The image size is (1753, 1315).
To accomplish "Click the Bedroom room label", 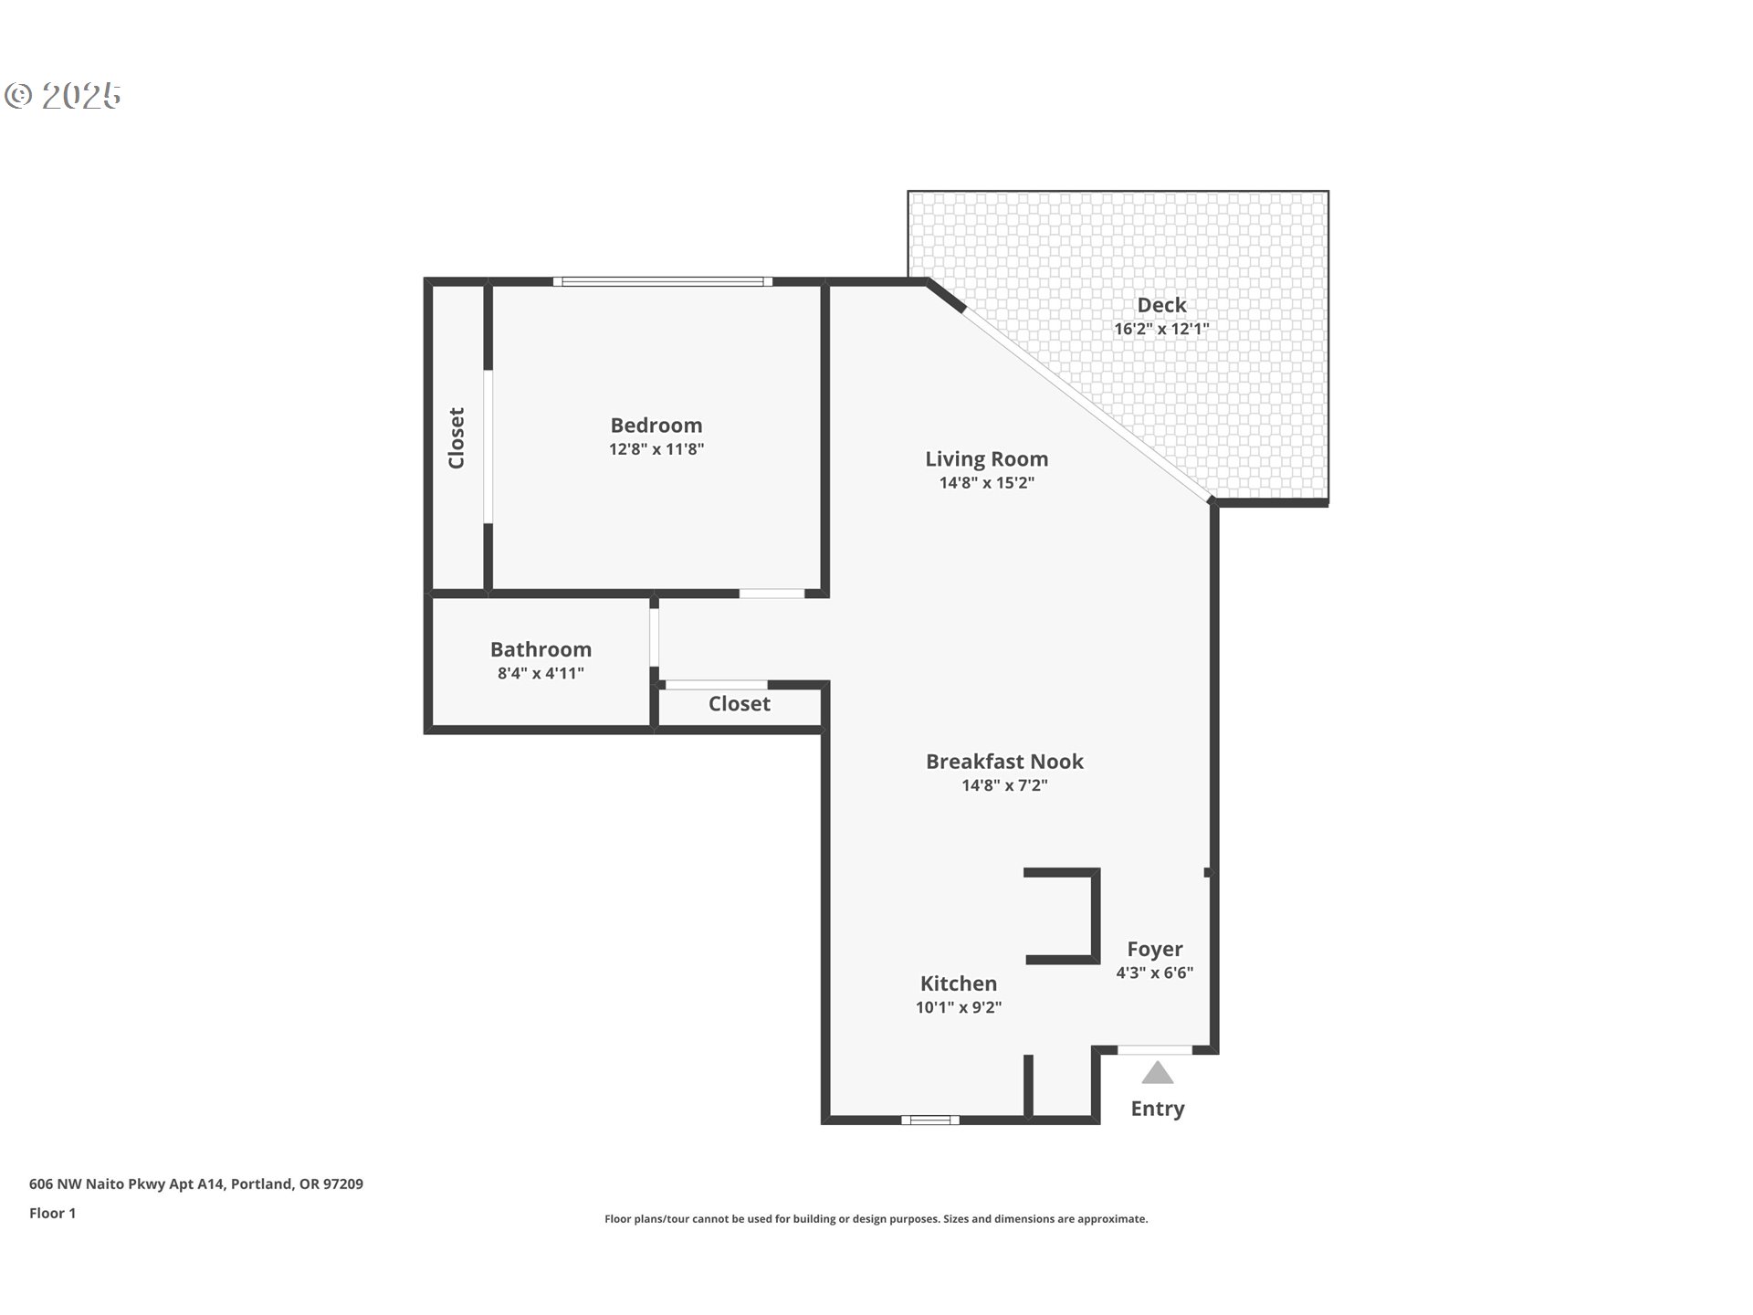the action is pos(656,426).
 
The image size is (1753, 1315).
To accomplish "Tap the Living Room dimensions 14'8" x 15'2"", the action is pos(987,483).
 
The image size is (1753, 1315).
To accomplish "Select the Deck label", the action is pos(1161,305).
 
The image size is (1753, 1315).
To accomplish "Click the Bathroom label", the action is pos(541,649).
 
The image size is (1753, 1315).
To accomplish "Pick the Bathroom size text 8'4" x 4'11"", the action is pos(541,674).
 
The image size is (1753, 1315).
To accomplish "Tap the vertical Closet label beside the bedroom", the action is pos(457,438).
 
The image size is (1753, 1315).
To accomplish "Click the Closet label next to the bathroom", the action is pos(740,704).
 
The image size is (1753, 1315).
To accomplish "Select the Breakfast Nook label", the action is pos(1004,762).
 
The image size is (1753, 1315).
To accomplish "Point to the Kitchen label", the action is pos(959,984).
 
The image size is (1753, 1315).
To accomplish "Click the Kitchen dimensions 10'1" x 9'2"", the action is pos(959,1008).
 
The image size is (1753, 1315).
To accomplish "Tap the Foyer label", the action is pos(1155,950).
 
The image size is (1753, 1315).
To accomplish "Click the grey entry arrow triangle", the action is pos(1158,1073).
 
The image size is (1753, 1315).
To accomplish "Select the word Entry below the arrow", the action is pos(1158,1109).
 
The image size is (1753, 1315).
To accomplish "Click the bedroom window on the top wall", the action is pos(663,281).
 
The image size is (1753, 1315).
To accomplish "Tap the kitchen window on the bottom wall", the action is pos(930,1120).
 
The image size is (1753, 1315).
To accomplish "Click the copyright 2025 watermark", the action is pos(63,96).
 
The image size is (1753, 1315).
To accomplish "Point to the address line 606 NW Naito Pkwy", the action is pos(196,1184).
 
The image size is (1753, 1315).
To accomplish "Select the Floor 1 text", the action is pos(53,1214).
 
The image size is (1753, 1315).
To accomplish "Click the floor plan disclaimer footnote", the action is pos(876,1219).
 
